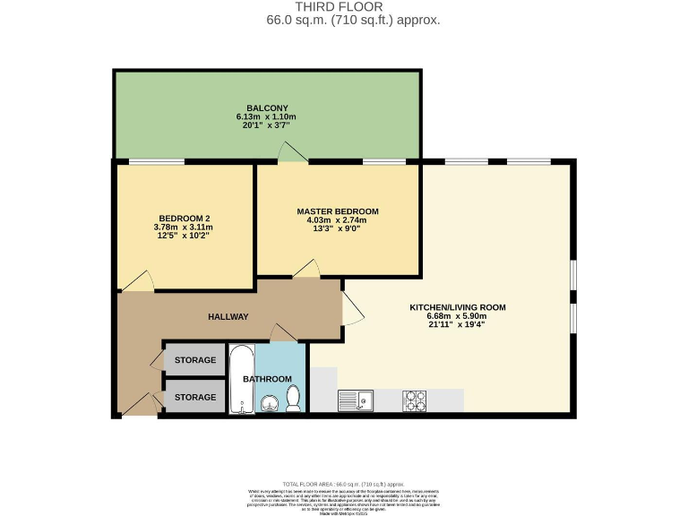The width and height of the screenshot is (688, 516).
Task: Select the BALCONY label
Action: click(266, 107)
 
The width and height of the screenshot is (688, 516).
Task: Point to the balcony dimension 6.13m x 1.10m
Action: click(266, 117)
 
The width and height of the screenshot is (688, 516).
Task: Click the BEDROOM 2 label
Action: click(184, 219)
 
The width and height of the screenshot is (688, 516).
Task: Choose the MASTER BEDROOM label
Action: click(338, 211)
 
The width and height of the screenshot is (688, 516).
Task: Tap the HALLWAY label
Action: click(228, 317)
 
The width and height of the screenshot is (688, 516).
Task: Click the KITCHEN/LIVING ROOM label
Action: click(458, 307)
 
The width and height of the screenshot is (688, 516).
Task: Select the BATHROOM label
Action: click(268, 379)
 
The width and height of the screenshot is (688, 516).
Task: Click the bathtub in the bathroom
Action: click(240, 381)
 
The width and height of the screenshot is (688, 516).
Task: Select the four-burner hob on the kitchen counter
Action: click(414, 400)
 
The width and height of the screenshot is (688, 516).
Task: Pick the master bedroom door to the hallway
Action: click(305, 268)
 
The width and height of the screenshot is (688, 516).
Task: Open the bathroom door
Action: click(286, 331)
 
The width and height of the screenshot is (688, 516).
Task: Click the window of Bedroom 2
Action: click(157, 162)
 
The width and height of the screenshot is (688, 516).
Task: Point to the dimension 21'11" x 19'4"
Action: click(458, 325)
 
